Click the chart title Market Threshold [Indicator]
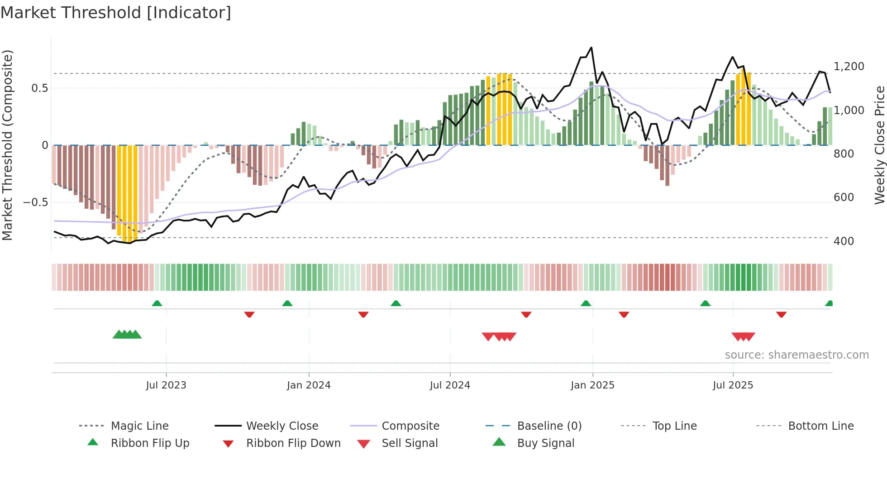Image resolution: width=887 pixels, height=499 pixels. (116, 13)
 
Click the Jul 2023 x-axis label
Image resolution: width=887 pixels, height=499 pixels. (166, 385)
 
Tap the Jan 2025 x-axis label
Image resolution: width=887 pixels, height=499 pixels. (592, 385)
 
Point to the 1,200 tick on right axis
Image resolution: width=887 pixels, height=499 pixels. (849, 67)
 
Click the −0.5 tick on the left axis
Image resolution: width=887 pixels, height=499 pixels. (36, 202)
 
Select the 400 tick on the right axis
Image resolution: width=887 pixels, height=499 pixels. (844, 241)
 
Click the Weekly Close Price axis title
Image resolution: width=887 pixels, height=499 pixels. (879, 145)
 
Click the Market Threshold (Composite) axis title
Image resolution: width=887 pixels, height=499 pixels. (7, 145)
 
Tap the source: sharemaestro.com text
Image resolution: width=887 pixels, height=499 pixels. (796, 355)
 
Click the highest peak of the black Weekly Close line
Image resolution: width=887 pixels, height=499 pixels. (591, 48)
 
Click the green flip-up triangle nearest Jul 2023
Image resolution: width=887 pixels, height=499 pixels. (157, 303)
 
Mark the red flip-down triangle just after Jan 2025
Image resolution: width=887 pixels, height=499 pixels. (624, 314)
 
